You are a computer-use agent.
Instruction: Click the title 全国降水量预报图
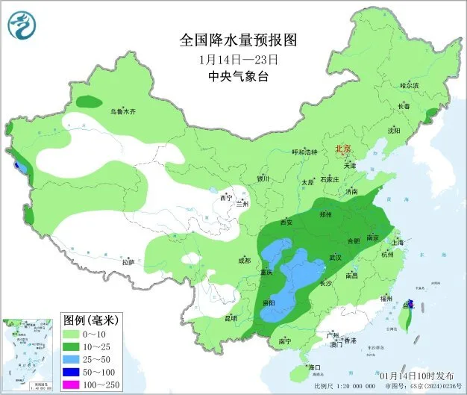[x=233, y=39]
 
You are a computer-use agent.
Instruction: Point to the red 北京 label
[x=344, y=149]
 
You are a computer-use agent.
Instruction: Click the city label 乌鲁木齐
[x=123, y=111]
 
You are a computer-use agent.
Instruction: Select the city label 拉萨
[x=128, y=262]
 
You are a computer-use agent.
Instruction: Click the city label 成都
[x=245, y=260]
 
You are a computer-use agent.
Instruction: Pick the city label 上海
[x=398, y=242]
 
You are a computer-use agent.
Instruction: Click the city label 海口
[x=314, y=368]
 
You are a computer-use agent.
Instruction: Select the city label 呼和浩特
[x=304, y=152]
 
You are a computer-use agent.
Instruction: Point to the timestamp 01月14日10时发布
[x=418, y=374]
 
